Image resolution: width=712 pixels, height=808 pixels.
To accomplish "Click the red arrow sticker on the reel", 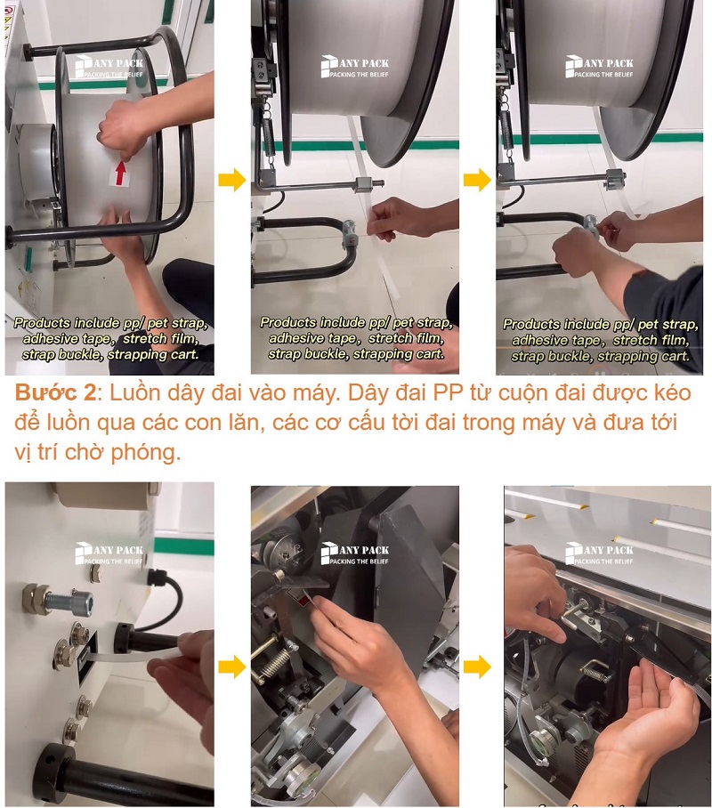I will point(119,172).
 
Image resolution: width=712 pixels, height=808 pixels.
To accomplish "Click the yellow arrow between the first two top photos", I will point(231,181).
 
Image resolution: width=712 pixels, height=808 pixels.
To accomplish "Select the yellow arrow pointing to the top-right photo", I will point(477,181).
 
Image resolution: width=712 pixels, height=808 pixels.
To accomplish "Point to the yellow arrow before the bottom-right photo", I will point(477,667).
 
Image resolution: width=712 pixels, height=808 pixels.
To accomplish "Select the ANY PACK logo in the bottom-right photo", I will point(599,553).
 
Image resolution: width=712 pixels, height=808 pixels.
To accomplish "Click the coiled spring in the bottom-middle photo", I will point(273,667).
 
